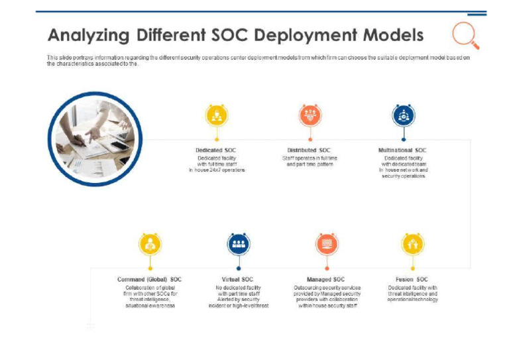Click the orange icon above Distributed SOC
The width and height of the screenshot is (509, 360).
(x=310, y=115)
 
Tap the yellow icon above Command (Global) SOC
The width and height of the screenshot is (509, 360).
(x=150, y=244)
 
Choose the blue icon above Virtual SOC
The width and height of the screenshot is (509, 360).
(x=238, y=244)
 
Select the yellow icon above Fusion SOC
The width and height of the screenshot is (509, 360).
(x=413, y=244)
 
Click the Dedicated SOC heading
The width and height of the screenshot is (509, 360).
(x=216, y=150)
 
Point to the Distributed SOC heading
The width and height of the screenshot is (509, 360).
(x=309, y=150)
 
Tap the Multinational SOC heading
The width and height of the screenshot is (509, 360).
(x=403, y=150)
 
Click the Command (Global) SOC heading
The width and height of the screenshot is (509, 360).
(x=150, y=280)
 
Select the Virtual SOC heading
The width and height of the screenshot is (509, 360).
(x=238, y=280)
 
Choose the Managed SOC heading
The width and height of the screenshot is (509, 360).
(x=326, y=280)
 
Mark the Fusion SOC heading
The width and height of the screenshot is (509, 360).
(x=412, y=280)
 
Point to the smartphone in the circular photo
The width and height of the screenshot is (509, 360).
(x=118, y=147)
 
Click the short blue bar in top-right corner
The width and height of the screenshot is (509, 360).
(x=477, y=14)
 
